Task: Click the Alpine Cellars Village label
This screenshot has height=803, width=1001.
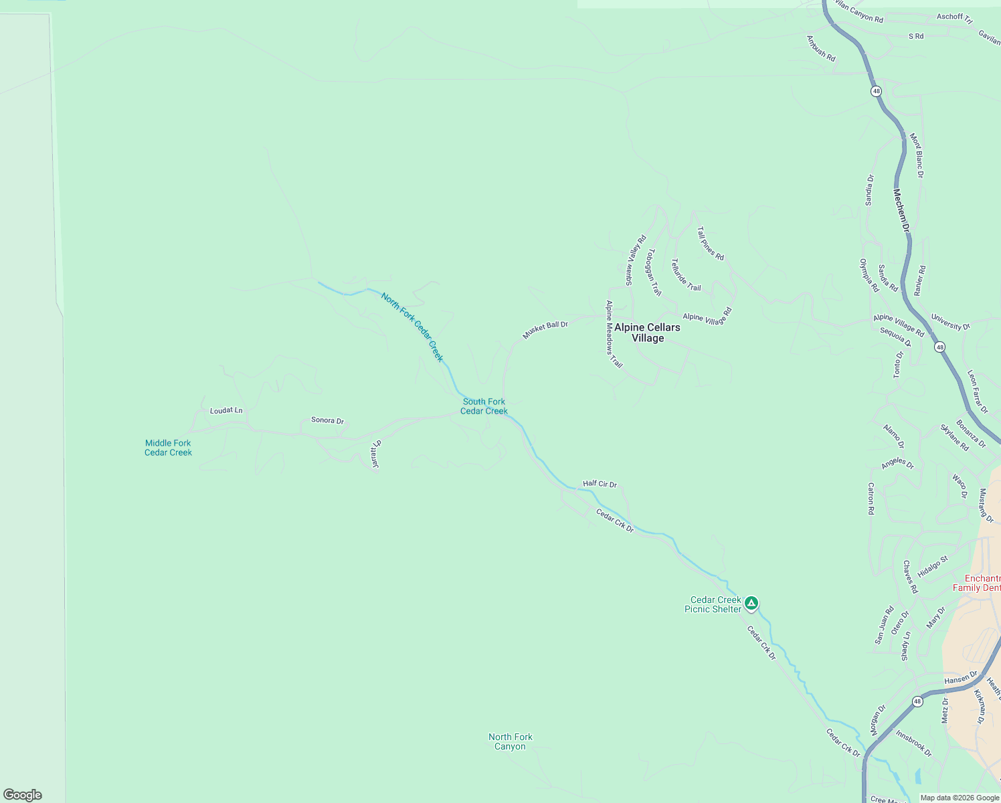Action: (647, 333)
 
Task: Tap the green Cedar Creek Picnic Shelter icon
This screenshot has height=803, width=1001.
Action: (751, 604)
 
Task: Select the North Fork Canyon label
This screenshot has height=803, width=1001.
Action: (511, 741)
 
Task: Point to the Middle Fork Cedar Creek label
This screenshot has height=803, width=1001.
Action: (168, 448)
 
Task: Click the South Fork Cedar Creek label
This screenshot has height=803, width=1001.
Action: (484, 406)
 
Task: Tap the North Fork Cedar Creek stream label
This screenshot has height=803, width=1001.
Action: (412, 327)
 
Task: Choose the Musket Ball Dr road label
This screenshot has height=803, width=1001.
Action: (545, 329)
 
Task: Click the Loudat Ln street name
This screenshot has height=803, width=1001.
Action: (226, 410)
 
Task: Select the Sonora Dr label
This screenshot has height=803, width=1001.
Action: (327, 420)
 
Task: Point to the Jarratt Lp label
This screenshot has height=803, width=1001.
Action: (375, 454)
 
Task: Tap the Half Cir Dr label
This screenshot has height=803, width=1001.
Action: (600, 484)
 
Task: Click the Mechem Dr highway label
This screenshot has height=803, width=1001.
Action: (901, 211)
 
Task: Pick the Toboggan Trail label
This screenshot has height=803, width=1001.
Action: (654, 272)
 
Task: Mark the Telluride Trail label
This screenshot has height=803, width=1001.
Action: (686, 275)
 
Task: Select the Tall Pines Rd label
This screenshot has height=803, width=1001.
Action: (710, 244)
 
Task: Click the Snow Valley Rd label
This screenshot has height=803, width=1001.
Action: (636, 260)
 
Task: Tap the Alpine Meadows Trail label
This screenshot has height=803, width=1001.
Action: (614, 334)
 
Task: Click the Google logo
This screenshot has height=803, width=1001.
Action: (23, 795)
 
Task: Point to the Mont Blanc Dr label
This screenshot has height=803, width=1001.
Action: (916, 155)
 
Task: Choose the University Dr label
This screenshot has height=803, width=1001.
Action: (950, 322)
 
